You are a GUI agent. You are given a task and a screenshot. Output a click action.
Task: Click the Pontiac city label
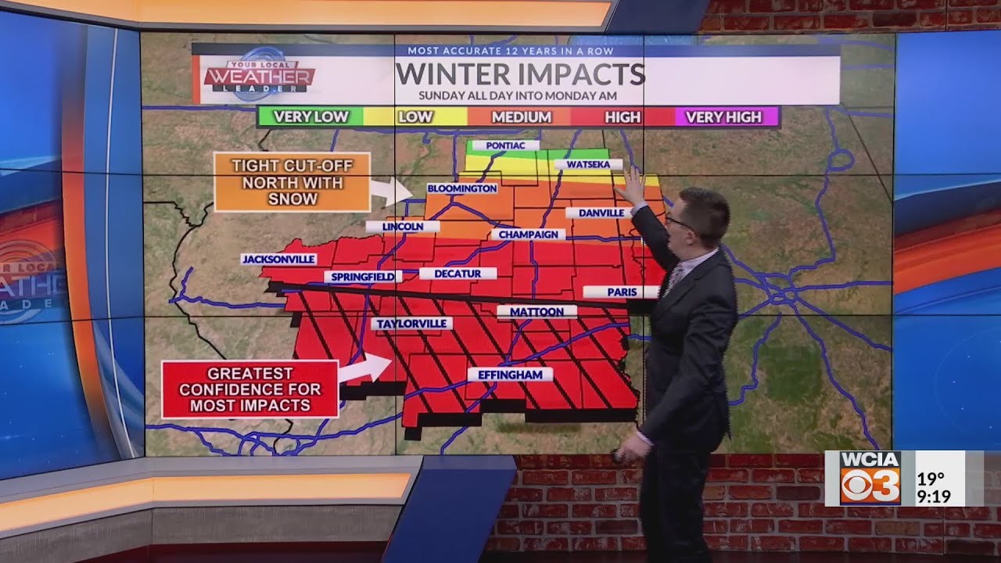[505, 145]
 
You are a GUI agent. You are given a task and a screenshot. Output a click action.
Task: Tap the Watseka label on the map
[588, 165]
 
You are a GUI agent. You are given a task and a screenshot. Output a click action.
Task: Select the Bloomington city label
[461, 188]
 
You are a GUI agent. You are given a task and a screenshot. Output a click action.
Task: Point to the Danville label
[599, 213]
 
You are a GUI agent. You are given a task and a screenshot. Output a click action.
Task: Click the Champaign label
[528, 234]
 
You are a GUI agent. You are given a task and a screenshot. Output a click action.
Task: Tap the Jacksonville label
[278, 259]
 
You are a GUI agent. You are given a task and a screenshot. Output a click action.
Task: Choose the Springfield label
[363, 276]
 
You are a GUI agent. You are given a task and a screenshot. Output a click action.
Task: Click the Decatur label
[457, 274]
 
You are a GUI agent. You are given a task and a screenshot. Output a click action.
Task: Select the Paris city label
[622, 292]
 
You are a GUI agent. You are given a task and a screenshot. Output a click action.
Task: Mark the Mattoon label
[536, 311]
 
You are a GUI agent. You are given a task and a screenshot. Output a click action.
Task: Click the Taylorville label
[411, 323]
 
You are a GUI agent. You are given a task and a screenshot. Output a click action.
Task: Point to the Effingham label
[510, 375]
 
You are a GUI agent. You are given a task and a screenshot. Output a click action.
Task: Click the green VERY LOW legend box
[310, 117]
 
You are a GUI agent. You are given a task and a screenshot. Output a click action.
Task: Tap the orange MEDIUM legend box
[521, 117]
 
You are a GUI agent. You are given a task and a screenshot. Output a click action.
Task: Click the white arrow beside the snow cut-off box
[391, 190]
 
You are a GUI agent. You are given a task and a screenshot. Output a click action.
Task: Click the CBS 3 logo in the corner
[870, 478]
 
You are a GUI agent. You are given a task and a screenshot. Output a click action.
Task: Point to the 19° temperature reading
[931, 478]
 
